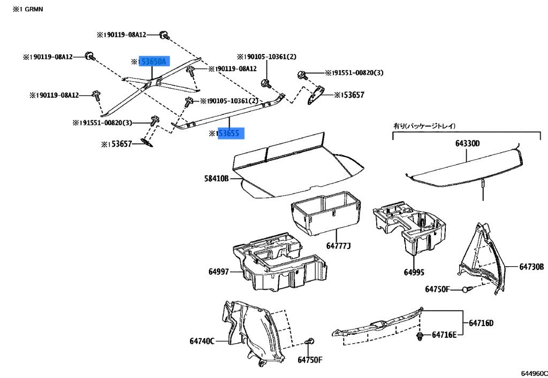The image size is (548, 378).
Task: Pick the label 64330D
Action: pyautogui.click(x=468, y=143)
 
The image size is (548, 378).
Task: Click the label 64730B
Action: pyautogui.click(x=531, y=266)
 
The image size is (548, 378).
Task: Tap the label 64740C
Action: pyautogui.click(x=201, y=341)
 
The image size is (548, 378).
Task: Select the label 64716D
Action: pyautogui.click(x=481, y=323)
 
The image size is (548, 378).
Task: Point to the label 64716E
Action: pyautogui.click(x=445, y=335)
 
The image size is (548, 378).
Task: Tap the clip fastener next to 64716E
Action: pyautogui.click(x=421, y=335)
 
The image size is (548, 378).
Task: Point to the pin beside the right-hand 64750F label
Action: pyautogui.click(x=467, y=289)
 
